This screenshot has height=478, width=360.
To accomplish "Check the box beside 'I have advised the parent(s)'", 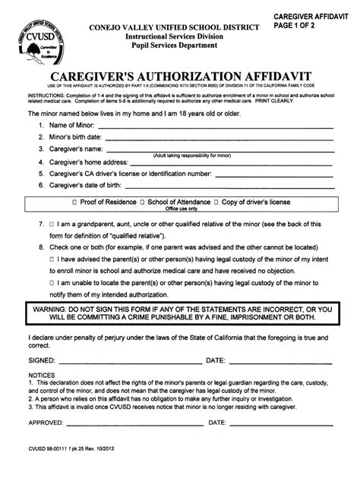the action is pyautogui.click(x=50, y=259).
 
